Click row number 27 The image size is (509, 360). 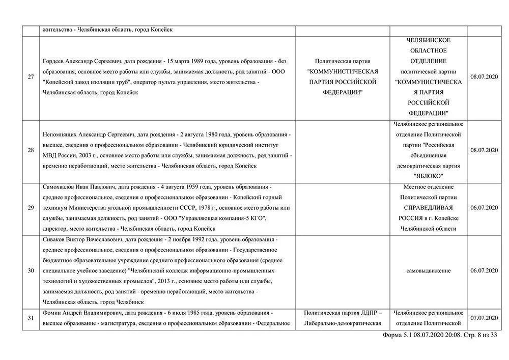point(31,77)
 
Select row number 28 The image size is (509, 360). point(31,150)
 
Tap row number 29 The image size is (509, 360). point(31,208)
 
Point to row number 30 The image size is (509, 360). point(31,270)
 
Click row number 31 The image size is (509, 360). point(31,318)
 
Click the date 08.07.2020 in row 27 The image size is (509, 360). point(484,77)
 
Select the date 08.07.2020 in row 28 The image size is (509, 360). point(484,150)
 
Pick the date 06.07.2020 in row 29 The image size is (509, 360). point(484,208)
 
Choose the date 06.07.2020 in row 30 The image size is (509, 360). point(484,270)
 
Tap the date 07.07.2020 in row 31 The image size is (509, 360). point(484,318)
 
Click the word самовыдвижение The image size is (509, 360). point(428,270)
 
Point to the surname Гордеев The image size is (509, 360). point(56,61)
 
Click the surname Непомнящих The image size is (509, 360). point(61,134)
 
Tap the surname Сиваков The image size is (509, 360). point(55,239)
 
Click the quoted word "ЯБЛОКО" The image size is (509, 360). point(428,176)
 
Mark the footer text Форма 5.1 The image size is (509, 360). point(397,335)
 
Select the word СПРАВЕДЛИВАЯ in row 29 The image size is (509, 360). point(428,208)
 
